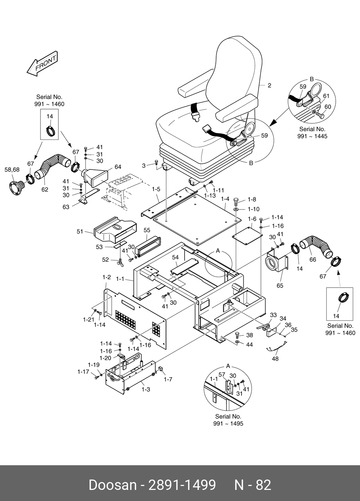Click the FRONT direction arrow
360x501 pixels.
click(x=42, y=64)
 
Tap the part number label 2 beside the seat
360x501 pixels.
click(x=269, y=85)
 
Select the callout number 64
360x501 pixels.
click(x=118, y=167)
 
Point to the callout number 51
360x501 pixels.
click(x=80, y=232)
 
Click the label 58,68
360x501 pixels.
click(x=12, y=170)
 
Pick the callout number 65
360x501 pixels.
click(x=280, y=285)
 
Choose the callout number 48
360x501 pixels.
click(x=275, y=358)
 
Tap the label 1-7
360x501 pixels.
click(x=168, y=379)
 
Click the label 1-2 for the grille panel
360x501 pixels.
click(x=106, y=277)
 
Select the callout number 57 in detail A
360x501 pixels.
click(x=222, y=375)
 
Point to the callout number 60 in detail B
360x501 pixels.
click(x=327, y=107)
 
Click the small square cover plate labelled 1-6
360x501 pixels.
click(x=248, y=235)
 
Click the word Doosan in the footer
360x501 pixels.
click(x=112, y=485)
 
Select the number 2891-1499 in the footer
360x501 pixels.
click(x=182, y=485)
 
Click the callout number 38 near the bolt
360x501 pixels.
click(x=249, y=335)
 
